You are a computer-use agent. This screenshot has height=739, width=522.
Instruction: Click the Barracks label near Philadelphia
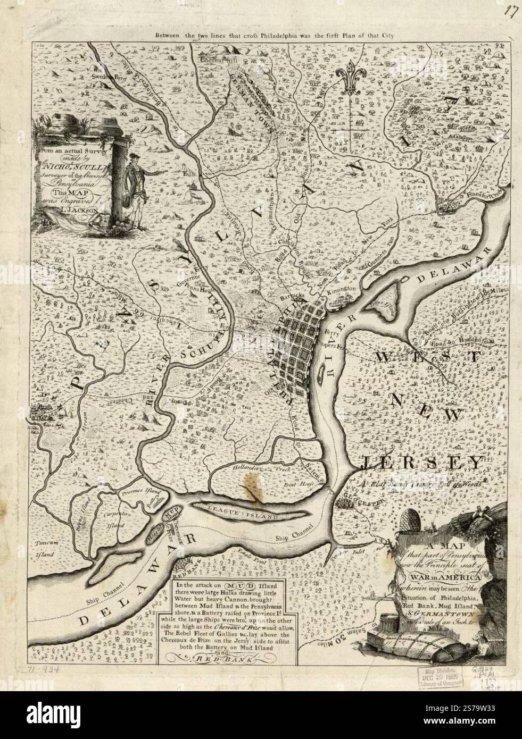click(292, 294)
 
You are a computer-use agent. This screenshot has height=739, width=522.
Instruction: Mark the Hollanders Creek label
click(248, 468)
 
